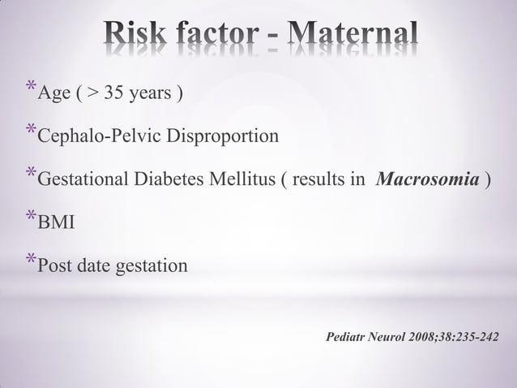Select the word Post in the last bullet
click(x=55, y=266)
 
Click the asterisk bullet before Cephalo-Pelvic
click(x=31, y=131)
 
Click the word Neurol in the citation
click(x=391, y=335)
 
